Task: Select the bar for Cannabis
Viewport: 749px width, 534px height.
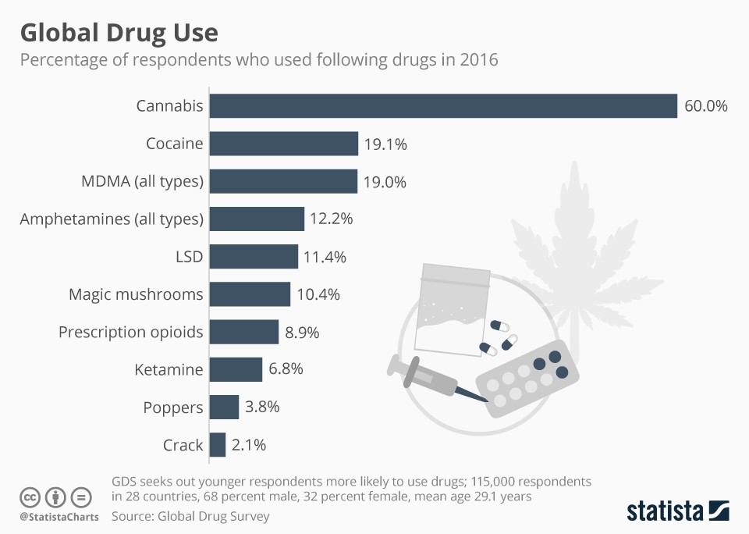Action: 443,106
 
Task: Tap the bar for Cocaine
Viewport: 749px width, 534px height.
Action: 284,144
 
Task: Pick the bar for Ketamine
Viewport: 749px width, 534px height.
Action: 236,369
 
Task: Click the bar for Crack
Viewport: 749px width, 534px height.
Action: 218,445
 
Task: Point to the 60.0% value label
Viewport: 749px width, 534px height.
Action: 705,106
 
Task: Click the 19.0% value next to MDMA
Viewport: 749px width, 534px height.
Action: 385,182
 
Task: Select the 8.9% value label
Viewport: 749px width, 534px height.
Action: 302,332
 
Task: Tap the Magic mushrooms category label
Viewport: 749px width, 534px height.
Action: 136,294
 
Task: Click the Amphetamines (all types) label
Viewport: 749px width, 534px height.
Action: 112,219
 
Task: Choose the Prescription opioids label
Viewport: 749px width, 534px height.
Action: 130,332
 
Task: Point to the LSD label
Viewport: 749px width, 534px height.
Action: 189,257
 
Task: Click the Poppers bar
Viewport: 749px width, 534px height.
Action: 225,408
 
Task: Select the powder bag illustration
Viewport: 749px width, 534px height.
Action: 453,309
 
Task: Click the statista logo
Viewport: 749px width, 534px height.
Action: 677,511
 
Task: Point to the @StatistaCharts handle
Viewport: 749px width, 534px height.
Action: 59,517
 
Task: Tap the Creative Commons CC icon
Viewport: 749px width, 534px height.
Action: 30,497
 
